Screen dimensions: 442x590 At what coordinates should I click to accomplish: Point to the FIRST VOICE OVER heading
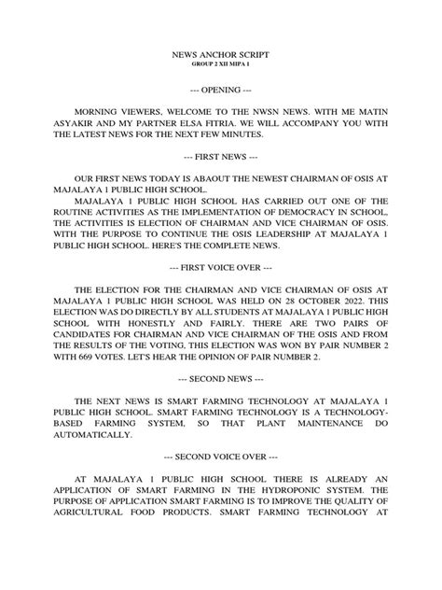(x=221, y=266)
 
